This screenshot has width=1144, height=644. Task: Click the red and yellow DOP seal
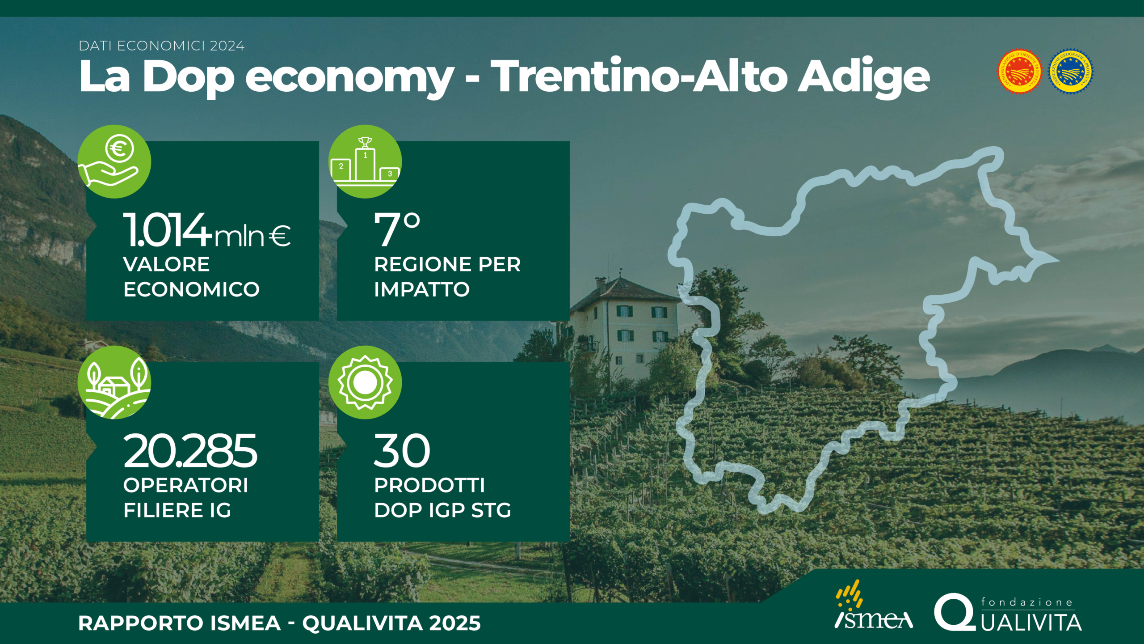(1019, 72)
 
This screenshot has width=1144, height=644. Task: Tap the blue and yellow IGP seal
(1070, 72)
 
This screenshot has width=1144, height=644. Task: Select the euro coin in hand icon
(114, 161)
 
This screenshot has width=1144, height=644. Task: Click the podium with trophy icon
(365, 161)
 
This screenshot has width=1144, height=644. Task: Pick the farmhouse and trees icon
(114, 382)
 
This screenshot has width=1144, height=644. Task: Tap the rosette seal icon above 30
(365, 382)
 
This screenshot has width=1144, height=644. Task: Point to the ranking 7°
(397, 229)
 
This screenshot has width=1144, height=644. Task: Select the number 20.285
(190, 451)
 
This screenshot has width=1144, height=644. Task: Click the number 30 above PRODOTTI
(402, 451)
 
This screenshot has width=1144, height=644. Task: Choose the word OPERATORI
(186, 485)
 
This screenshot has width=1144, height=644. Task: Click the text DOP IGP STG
(443, 510)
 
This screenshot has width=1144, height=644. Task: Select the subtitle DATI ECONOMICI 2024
(162, 46)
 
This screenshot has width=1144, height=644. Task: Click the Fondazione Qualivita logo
(1008, 613)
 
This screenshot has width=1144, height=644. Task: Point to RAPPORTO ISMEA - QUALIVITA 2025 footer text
(280, 623)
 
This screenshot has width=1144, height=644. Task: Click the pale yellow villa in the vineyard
(626, 326)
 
